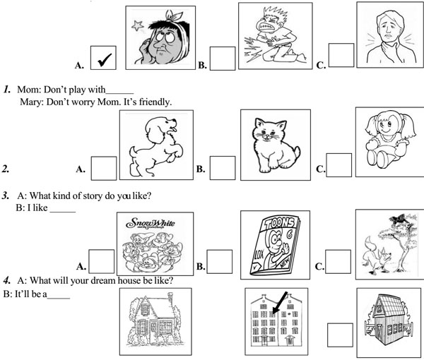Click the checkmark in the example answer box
point(105,59)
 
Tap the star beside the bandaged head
point(137,25)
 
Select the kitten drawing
point(276,145)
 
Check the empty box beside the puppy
point(104,168)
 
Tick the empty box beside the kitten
point(223,168)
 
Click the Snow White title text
point(151,223)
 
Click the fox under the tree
point(376,256)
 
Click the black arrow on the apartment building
point(279,303)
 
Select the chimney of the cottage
point(170,298)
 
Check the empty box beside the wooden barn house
point(340,335)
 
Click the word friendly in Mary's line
point(155,102)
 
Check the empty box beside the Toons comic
point(220,261)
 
